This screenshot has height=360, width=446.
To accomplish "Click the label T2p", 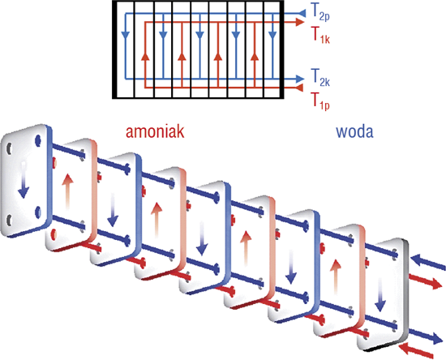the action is coord(320,13).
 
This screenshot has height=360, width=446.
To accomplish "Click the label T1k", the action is coord(320,35).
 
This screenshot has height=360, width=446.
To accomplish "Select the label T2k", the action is coord(320,77).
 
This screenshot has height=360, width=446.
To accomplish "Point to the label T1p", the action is coord(320,101).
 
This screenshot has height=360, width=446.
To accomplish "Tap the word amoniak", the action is coord(155,131).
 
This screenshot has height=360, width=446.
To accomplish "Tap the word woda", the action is coord(354,131).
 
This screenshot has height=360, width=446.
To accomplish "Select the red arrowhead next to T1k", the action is coord(300,22).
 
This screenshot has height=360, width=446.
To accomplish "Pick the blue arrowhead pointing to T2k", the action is coord(300,79).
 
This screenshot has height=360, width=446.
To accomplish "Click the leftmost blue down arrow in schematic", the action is coord(126,35).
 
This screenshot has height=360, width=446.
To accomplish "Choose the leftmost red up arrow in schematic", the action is coord(145,57).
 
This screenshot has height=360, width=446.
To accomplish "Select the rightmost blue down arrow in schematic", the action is coord(272,35).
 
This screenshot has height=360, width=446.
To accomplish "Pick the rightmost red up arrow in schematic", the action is coord(255,57).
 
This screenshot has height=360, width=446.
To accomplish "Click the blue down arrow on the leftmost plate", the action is coord(24,181).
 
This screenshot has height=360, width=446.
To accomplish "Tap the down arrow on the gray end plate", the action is coord(380,296).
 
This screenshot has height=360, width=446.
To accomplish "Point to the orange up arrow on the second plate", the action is coord(67,192).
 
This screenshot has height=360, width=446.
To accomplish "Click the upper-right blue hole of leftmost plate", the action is coord(38,140).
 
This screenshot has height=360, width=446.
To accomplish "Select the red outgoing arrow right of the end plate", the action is coord(426,281).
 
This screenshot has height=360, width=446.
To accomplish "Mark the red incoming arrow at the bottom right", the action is coord(415,350).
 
